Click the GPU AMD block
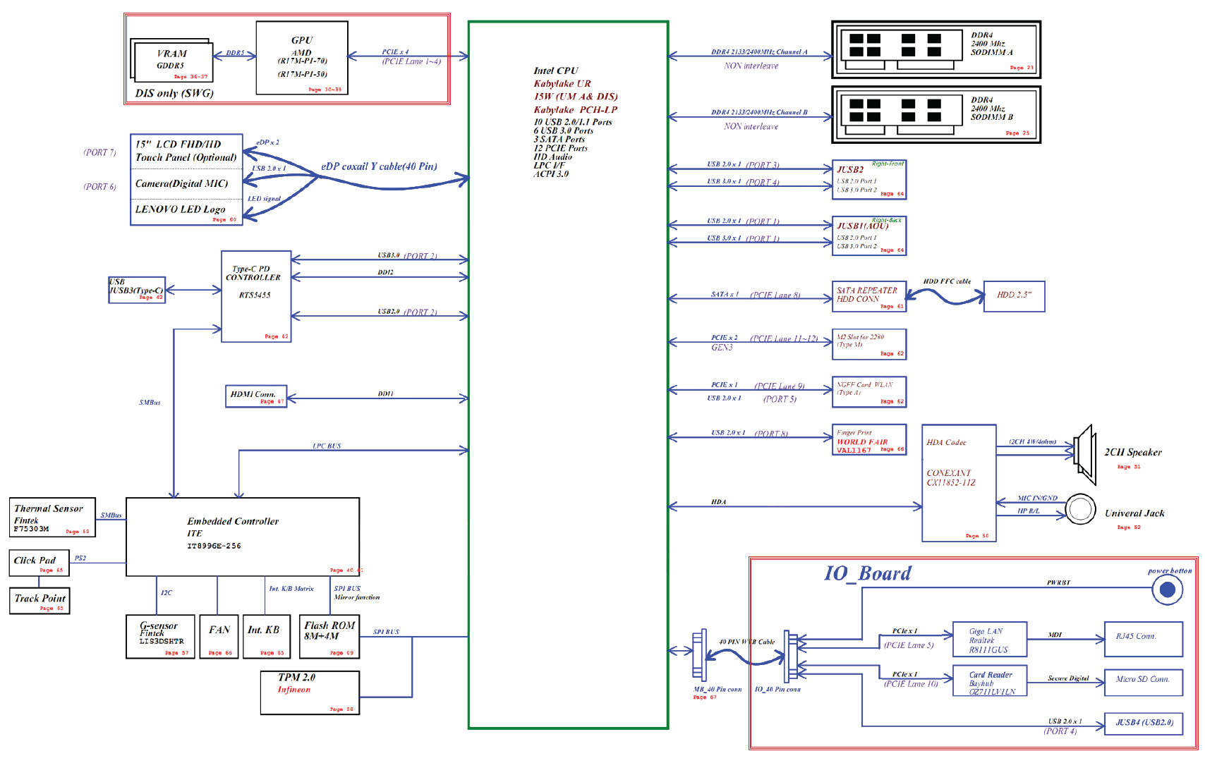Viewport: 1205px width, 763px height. (302, 58)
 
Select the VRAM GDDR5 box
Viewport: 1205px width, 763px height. (172, 62)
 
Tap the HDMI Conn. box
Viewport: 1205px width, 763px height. (255, 396)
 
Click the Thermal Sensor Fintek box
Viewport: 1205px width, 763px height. (52, 518)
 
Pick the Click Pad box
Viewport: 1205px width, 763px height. (40, 563)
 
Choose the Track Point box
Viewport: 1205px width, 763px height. (40, 601)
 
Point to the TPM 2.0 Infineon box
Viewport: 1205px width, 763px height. (310, 692)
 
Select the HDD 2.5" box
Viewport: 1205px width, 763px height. (1014, 296)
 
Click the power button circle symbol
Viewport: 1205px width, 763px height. (1167, 590)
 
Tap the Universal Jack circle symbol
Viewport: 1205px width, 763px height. (1080, 508)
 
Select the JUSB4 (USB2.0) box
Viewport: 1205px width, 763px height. (1143, 724)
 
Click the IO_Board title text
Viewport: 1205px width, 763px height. (868, 573)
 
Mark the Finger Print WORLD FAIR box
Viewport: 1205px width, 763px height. (869, 439)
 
